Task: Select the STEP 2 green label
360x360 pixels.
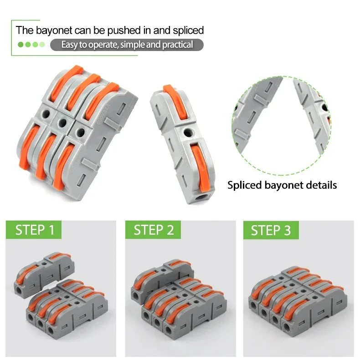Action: pyautogui.click(x=154, y=230)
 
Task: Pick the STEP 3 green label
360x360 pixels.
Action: pyautogui.click(x=271, y=230)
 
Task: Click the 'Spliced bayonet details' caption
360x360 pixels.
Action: pyautogui.click(x=282, y=185)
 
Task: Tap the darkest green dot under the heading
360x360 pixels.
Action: pyautogui.click(x=20, y=45)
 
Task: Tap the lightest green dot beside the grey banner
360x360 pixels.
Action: pyautogui.click(x=42, y=45)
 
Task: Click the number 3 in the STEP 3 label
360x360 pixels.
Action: pyautogui.click(x=287, y=230)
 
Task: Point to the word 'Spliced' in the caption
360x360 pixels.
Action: pyautogui.click(x=244, y=185)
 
